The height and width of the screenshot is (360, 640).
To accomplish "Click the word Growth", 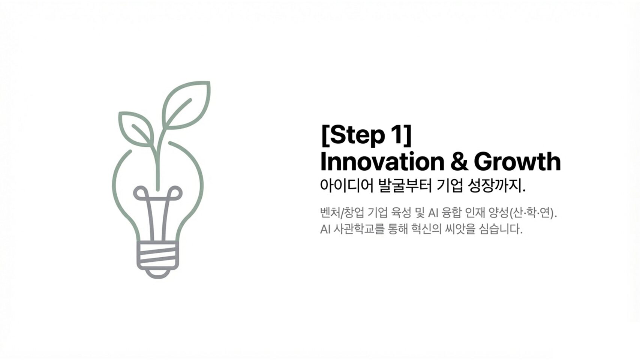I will coord(517,162).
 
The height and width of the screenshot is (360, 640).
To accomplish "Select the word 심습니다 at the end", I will coord(501,229).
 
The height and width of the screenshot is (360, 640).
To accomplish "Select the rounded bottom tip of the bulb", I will coord(157,274).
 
